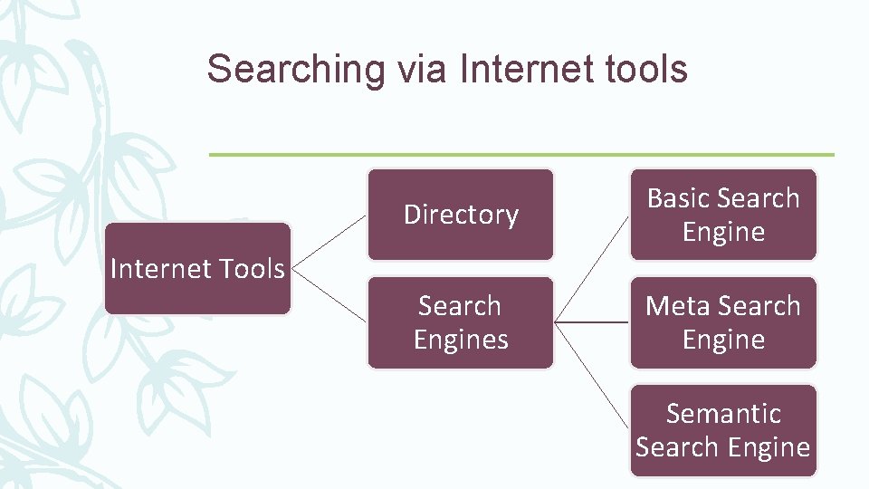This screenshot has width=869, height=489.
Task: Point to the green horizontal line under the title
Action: [521, 154]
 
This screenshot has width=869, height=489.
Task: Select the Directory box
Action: [461, 215]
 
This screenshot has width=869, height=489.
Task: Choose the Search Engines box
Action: [461, 322]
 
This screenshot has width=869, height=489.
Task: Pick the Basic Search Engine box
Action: [723, 215]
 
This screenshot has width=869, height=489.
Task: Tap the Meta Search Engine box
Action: [723, 322]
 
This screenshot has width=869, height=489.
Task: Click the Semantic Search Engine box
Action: [723, 430]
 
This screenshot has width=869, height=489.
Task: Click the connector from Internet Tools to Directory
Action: [329, 242]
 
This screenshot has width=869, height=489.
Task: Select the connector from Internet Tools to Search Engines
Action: [329, 295]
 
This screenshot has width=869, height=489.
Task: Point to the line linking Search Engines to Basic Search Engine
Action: [592, 268]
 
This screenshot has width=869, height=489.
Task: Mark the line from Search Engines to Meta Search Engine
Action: [592, 321]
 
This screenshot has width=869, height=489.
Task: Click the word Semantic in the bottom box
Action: [723, 414]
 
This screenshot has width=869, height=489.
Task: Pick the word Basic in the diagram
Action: [679, 198]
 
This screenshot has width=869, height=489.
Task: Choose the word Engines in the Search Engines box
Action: [461, 340]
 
